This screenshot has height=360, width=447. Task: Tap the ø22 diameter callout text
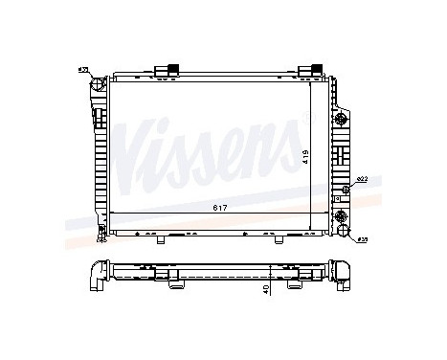click(362, 180)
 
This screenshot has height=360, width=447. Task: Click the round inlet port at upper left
click(96, 86)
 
